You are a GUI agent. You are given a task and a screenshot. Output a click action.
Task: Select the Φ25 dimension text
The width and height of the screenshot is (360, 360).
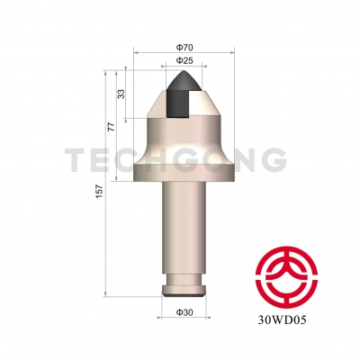point(178,61)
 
